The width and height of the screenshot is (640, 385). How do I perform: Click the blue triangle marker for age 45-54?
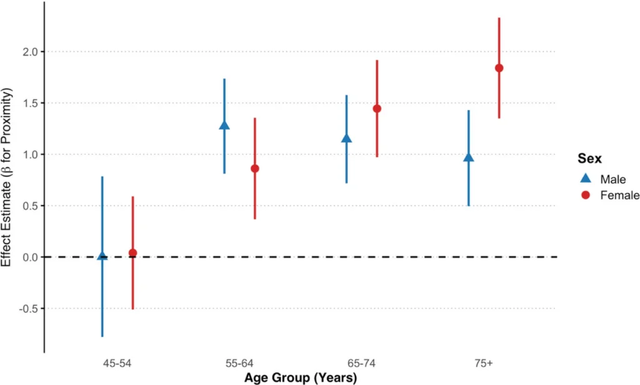pyautogui.click(x=102, y=256)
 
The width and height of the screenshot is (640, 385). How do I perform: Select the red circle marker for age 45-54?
pyautogui.click(x=132, y=253)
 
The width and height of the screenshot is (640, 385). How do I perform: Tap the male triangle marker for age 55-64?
pyautogui.click(x=224, y=125)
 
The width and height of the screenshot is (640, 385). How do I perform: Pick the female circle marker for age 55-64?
pyautogui.click(x=254, y=168)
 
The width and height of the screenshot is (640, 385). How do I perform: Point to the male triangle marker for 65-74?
pyautogui.click(x=346, y=138)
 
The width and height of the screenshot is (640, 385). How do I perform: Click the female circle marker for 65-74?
pyautogui.click(x=377, y=109)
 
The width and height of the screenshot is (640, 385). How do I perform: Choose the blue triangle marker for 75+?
pyautogui.click(x=469, y=157)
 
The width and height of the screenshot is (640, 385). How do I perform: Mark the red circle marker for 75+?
pyautogui.click(x=499, y=68)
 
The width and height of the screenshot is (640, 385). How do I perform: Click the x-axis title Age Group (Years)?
pyautogui.click(x=301, y=378)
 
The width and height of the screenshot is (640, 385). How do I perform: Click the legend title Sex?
pyautogui.click(x=589, y=158)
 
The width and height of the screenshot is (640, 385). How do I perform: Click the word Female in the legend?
pyautogui.click(x=619, y=195)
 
